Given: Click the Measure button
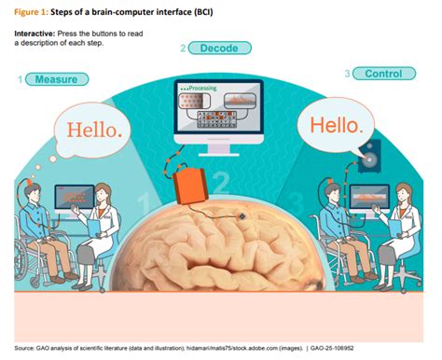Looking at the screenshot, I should pos(56,79).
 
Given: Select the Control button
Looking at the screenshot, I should pos(383,74).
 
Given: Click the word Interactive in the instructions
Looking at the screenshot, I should pos(35,33).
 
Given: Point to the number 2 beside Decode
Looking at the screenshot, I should pos(183,48).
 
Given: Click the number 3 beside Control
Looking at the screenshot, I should pos(347,74).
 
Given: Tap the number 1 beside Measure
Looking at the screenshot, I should pos(19,80).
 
